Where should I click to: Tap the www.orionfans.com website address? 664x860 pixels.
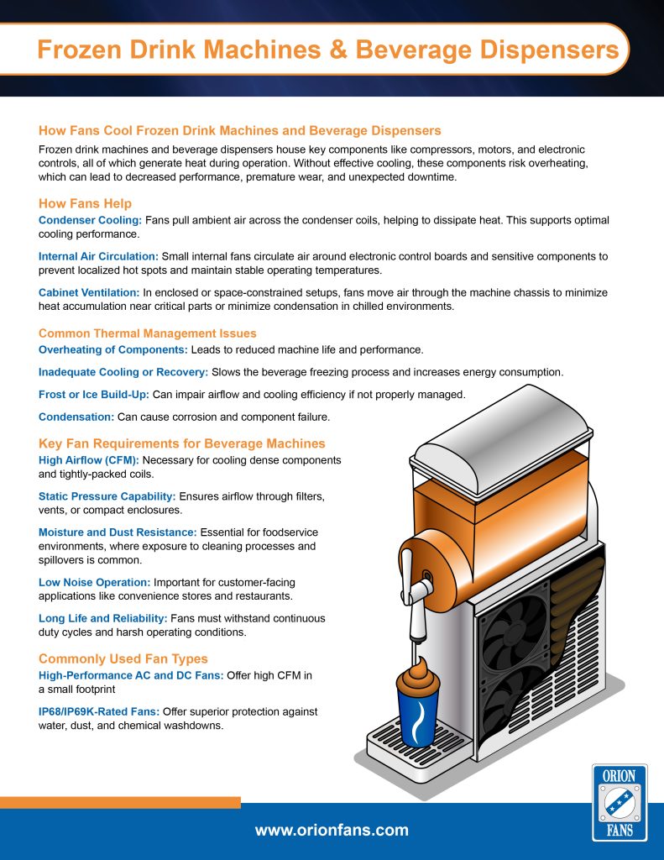[332, 831]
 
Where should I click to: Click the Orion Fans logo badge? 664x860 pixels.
[620, 803]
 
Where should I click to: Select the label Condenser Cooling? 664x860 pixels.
[91, 220]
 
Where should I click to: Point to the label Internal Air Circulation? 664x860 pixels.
[98, 255]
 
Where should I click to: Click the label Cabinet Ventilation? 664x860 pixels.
[89, 291]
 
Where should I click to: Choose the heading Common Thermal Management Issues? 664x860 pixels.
[148, 333]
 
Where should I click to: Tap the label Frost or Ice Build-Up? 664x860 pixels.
[94, 394]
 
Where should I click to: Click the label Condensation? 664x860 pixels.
[73, 417]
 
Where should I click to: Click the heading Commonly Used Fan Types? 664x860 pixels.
[123, 658]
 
